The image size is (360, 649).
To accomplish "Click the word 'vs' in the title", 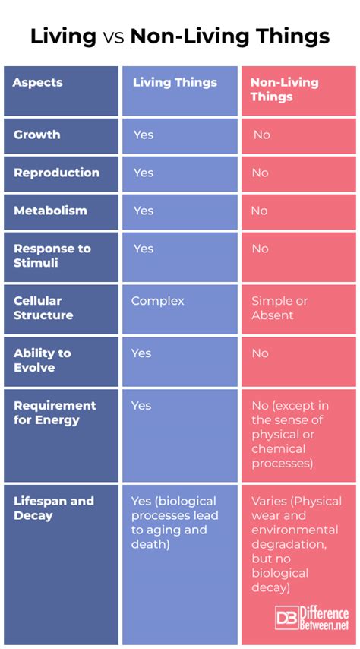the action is [x=113, y=36].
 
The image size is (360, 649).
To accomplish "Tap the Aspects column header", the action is [x=37, y=82].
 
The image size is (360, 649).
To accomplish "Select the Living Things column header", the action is [x=175, y=82].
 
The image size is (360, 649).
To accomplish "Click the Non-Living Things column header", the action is [x=284, y=90].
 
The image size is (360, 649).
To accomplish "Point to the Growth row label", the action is [x=36, y=135].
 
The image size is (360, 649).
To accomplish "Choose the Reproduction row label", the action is [x=56, y=173].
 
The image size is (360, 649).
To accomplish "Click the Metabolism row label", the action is [x=50, y=211].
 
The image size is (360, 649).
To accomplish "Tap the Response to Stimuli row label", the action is [x=52, y=256].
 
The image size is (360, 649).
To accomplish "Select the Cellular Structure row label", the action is [x=43, y=308].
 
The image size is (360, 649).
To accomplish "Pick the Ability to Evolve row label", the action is [x=43, y=360].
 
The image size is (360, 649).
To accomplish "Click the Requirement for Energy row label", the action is [x=55, y=413].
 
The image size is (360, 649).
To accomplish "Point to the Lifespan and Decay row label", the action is [x=54, y=508].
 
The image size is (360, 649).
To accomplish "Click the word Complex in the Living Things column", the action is [x=158, y=301].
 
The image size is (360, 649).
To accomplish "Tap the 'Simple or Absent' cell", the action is [x=279, y=308].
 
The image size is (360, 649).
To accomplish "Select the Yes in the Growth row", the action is [x=144, y=135].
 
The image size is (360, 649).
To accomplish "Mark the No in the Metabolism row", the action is [x=260, y=211].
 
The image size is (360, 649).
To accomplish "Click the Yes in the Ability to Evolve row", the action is [x=141, y=353].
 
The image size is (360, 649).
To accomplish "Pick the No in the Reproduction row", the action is [x=260, y=173].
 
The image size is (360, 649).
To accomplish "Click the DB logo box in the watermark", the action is [x=287, y=619].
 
